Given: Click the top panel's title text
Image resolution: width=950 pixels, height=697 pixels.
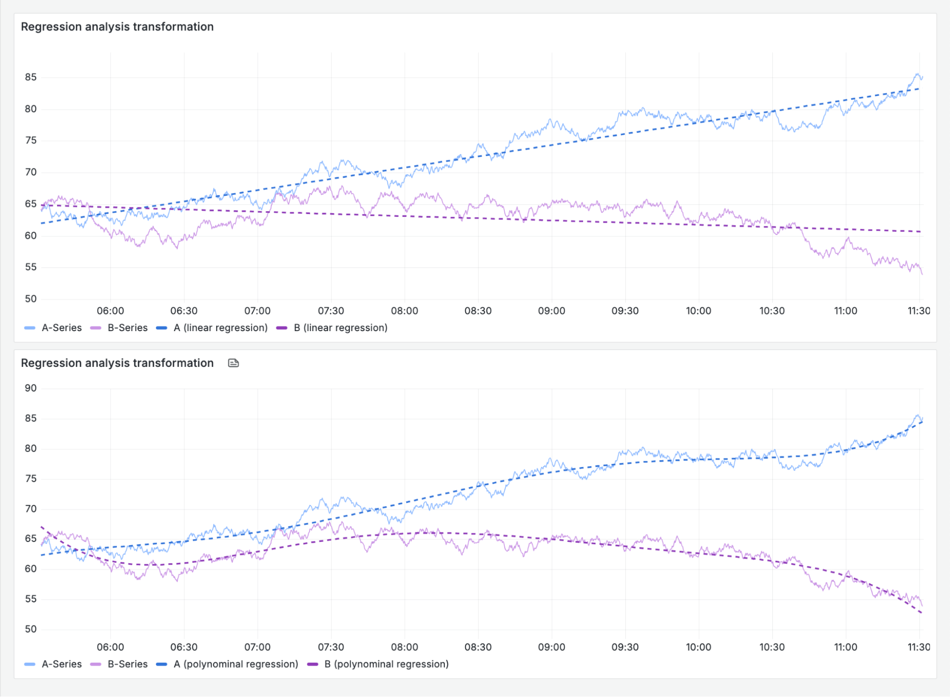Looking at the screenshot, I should click(x=117, y=27).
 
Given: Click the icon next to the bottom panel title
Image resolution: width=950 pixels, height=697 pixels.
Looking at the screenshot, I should click(x=233, y=363).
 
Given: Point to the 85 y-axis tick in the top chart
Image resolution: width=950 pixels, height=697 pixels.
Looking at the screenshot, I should click(x=31, y=77).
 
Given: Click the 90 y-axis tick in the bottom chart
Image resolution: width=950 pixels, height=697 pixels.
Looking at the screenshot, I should click(x=31, y=388).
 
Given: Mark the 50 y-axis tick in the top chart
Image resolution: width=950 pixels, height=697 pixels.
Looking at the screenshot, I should click(x=31, y=299).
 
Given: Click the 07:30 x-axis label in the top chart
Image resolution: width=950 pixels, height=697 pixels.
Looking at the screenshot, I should click(x=331, y=311).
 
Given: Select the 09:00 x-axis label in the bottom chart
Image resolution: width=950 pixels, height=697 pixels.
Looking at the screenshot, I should click(x=551, y=648).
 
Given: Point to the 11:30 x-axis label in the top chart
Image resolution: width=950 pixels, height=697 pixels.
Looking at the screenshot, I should click(x=918, y=311).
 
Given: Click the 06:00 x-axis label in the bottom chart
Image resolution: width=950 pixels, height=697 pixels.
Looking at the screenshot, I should click(x=110, y=648).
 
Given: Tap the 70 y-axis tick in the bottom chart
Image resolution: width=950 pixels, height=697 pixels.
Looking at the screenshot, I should click(x=31, y=509).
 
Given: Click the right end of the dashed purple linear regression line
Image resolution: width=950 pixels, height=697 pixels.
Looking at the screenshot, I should click(x=921, y=232).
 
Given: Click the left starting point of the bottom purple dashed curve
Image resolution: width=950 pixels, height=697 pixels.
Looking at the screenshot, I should click(x=42, y=527).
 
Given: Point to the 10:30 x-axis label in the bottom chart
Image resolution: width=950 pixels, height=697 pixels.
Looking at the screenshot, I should click(x=772, y=648).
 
